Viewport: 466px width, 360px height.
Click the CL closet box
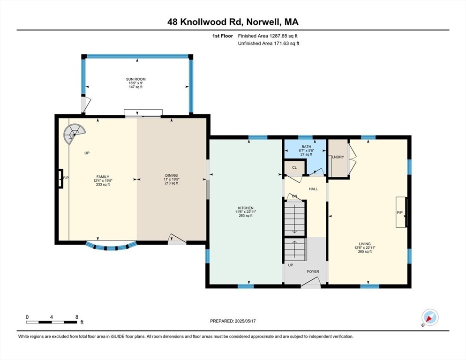pyautogui.click(x=294, y=167)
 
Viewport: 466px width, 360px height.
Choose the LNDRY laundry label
pyautogui.click(x=338, y=157)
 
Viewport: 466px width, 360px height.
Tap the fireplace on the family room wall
pyautogui.click(x=60, y=178)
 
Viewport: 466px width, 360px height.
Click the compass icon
pyautogui.click(x=429, y=318)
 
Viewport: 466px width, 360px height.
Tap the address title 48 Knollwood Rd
pyautogui.click(x=233, y=22)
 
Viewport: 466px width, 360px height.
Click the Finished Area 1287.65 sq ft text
pyautogui.click(x=268, y=36)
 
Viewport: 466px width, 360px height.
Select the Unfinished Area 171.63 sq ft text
pyautogui.click(x=268, y=43)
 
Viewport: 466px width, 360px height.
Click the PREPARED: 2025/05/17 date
pyautogui.click(x=233, y=321)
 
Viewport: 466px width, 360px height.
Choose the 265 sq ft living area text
pyautogui.click(x=365, y=251)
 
